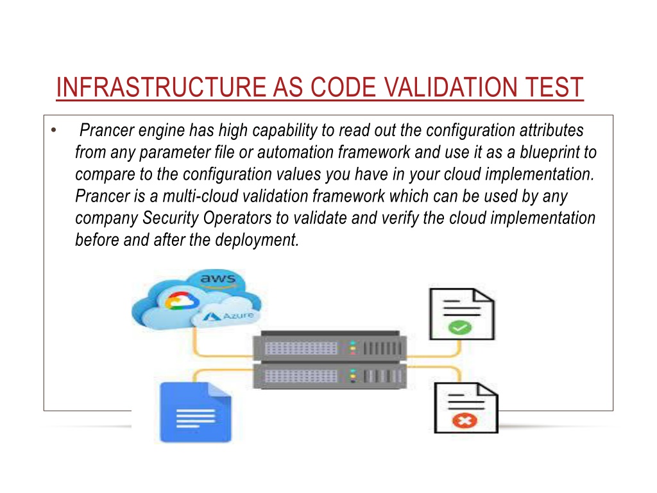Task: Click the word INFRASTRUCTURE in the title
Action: click(161, 87)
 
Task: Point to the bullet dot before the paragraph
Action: click(54, 130)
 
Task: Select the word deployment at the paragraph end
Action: click(257, 241)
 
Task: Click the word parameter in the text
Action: click(175, 153)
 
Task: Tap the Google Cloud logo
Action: click(182, 300)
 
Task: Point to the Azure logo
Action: click(228, 316)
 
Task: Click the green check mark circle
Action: click(459, 327)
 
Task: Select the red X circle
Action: click(465, 420)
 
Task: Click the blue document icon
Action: click(196, 412)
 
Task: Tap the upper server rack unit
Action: click(330, 347)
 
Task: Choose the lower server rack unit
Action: click(330, 376)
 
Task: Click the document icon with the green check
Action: click(462, 314)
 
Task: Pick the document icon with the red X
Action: click(466, 408)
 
